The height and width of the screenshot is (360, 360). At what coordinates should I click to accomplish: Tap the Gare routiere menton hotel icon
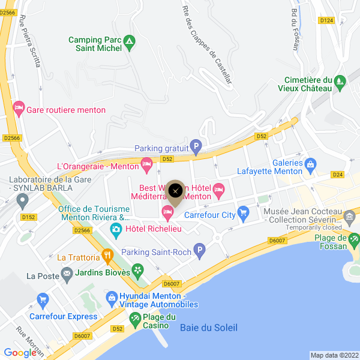tap(19, 109)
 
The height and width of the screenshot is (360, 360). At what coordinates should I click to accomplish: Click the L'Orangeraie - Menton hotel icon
tap(146, 164)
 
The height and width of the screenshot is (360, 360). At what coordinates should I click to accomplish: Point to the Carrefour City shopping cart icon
tap(243, 213)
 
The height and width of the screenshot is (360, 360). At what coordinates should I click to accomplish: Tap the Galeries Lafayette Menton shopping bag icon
tap(310, 164)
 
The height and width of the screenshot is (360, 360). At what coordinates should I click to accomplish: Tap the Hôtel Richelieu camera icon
tap(115, 229)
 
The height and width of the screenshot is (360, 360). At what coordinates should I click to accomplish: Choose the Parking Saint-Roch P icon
tap(200, 250)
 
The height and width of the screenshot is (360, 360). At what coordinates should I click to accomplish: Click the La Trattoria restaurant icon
tap(108, 256)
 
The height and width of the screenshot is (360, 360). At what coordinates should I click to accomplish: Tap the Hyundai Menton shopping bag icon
tap(111, 297)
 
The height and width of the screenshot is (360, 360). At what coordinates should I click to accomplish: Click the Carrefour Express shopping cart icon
tap(42, 299)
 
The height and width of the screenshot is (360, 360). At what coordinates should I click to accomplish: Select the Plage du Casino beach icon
tap(137, 317)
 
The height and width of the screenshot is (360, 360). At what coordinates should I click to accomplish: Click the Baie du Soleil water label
tap(208, 328)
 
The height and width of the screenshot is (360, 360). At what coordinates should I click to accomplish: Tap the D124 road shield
tap(326, 20)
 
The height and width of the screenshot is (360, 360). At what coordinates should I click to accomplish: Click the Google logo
tap(20, 353)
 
